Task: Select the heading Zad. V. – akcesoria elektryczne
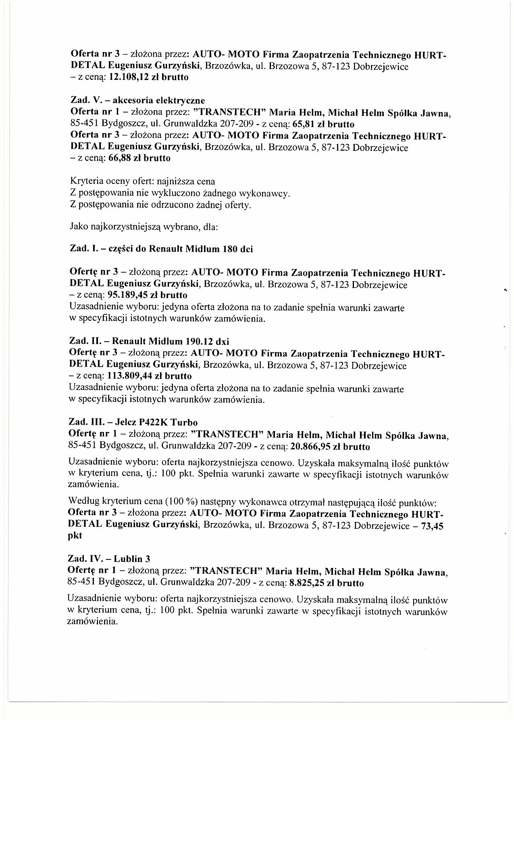click(x=137, y=100)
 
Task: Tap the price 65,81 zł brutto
click(x=327, y=124)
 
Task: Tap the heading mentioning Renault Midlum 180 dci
click(x=162, y=249)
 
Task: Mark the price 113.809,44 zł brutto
click(x=150, y=376)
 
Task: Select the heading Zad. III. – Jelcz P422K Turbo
click(x=133, y=423)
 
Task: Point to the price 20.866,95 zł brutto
click(x=329, y=447)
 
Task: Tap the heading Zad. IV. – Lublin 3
click(x=109, y=559)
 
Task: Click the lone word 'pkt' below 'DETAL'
click(x=75, y=536)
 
